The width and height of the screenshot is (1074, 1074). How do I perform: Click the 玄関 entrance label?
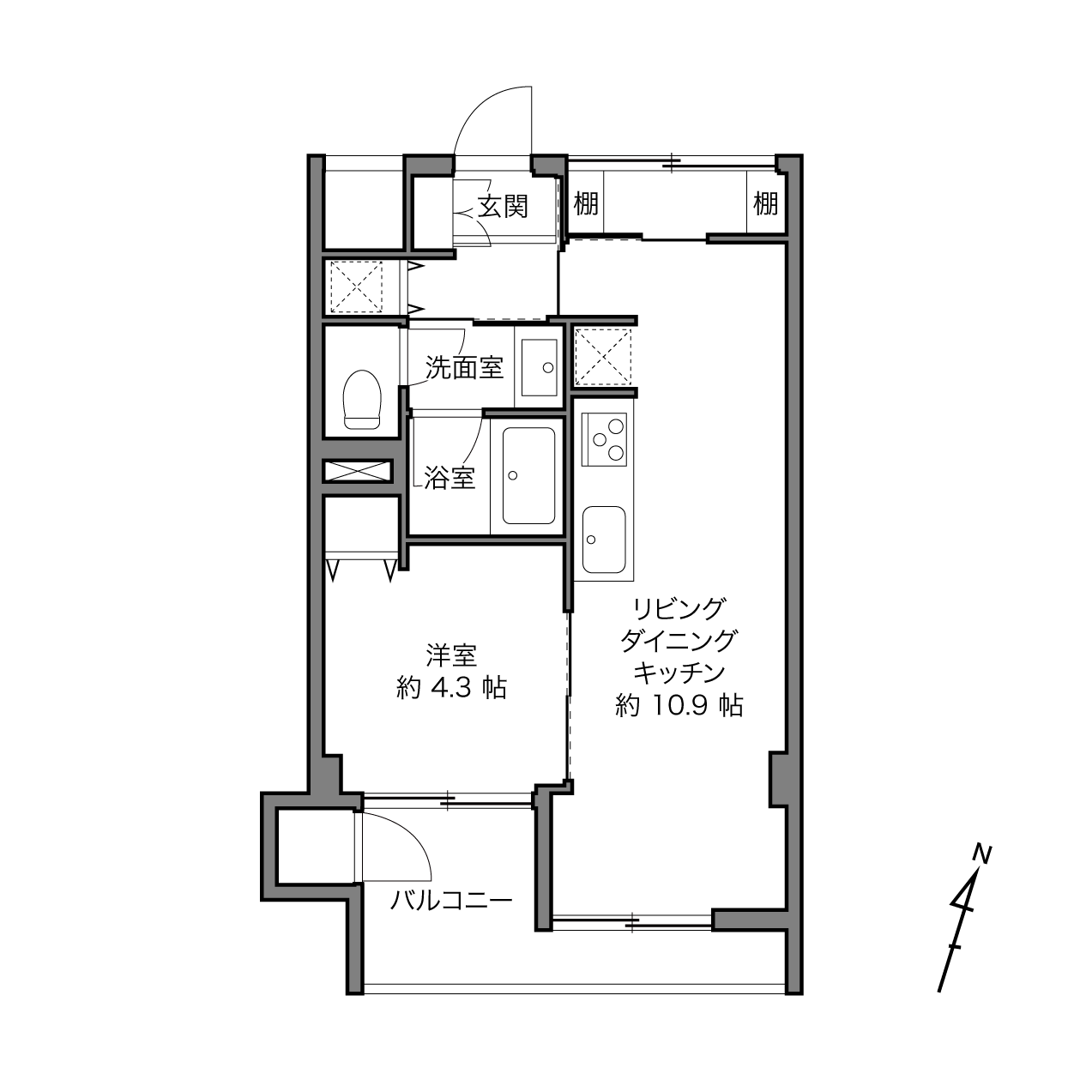(503, 208)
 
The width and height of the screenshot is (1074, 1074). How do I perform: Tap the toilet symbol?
(362, 400)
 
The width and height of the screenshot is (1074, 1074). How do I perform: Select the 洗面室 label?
(464, 368)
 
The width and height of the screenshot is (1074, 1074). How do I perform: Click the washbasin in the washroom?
(539, 367)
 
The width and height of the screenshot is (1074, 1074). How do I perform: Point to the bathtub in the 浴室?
(528, 475)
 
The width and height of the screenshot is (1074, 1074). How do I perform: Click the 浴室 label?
(450, 478)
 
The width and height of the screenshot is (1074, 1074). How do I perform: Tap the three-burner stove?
(604, 439)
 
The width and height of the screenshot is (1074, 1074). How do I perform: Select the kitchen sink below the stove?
(604, 539)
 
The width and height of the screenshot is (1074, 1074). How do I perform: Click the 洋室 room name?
(451, 655)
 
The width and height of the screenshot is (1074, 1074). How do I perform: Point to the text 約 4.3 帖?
(451, 688)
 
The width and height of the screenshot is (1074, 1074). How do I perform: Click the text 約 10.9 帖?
(679, 706)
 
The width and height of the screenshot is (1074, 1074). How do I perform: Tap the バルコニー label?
(451, 900)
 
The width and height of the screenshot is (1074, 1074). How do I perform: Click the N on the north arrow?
(982, 855)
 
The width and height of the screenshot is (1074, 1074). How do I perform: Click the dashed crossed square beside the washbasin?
(603, 357)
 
